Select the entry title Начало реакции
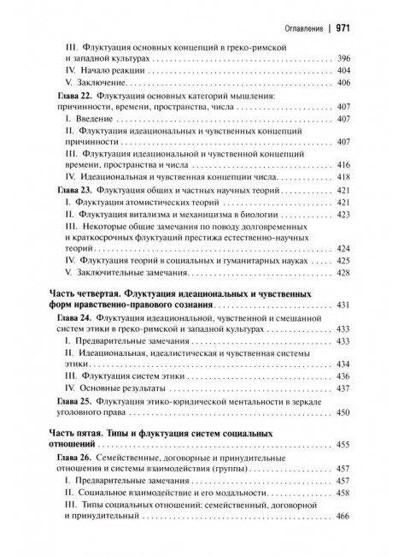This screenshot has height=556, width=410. (x=116, y=69)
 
